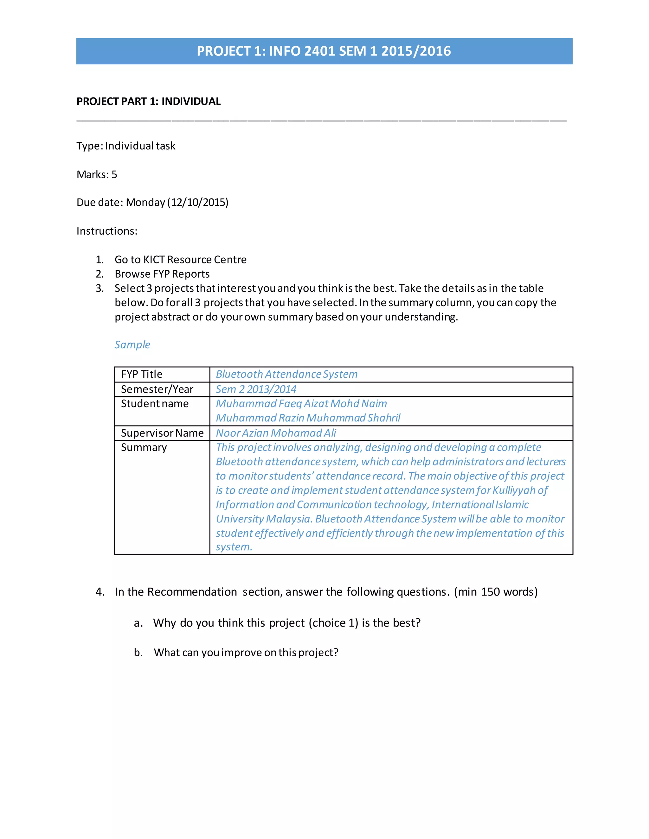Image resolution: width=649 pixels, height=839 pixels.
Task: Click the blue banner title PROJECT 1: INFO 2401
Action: pyautogui.click(x=324, y=51)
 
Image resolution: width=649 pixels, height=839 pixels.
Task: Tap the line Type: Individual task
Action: pyautogui.click(x=126, y=146)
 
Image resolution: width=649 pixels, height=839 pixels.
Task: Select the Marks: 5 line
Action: pyautogui.click(x=97, y=174)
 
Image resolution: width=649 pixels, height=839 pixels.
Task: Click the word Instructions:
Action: pyautogui.click(x=107, y=231)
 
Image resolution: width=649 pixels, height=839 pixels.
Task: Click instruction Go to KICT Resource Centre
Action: pyautogui.click(x=180, y=260)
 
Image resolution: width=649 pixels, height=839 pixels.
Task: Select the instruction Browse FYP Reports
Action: pyautogui.click(x=162, y=274)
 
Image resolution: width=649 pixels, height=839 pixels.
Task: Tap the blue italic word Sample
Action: pyautogui.click(x=132, y=344)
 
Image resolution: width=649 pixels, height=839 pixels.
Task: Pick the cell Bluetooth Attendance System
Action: pyautogui.click(x=286, y=374)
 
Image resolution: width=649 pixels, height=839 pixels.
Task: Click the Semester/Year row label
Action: pyautogui.click(x=157, y=389)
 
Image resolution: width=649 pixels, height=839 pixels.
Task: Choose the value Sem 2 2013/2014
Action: pyautogui.click(x=256, y=389)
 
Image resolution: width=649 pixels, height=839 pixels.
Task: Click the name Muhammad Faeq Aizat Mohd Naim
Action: pyautogui.click(x=301, y=404)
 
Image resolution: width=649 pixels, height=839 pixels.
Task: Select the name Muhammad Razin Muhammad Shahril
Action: pyautogui.click(x=308, y=418)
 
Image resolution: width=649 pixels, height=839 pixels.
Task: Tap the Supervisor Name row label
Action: pyautogui.click(x=162, y=433)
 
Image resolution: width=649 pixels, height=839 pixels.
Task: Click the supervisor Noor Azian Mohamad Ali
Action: pyautogui.click(x=276, y=433)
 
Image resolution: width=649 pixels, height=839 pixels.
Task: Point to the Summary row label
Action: pyautogui.click(x=144, y=448)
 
